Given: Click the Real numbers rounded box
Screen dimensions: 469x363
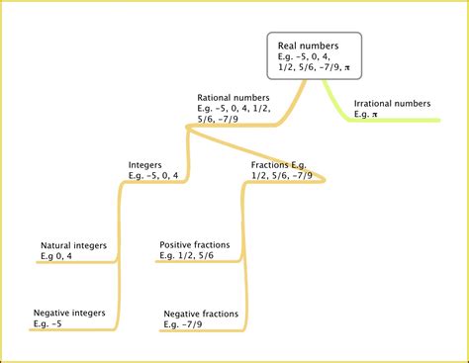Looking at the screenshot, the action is (x=315, y=56).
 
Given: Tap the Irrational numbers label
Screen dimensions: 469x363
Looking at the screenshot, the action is (x=392, y=103).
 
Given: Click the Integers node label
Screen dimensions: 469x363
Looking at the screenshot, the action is (x=145, y=165).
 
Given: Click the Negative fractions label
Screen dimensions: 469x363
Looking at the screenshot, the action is (x=201, y=314).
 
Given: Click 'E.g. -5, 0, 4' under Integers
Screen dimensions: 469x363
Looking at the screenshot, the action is (x=153, y=176).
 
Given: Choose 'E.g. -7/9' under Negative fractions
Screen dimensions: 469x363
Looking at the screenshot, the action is (x=187, y=324).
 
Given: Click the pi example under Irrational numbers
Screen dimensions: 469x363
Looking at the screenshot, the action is (x=366, y=115).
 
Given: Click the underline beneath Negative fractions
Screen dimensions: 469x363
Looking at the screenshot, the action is (x=203, y=332).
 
